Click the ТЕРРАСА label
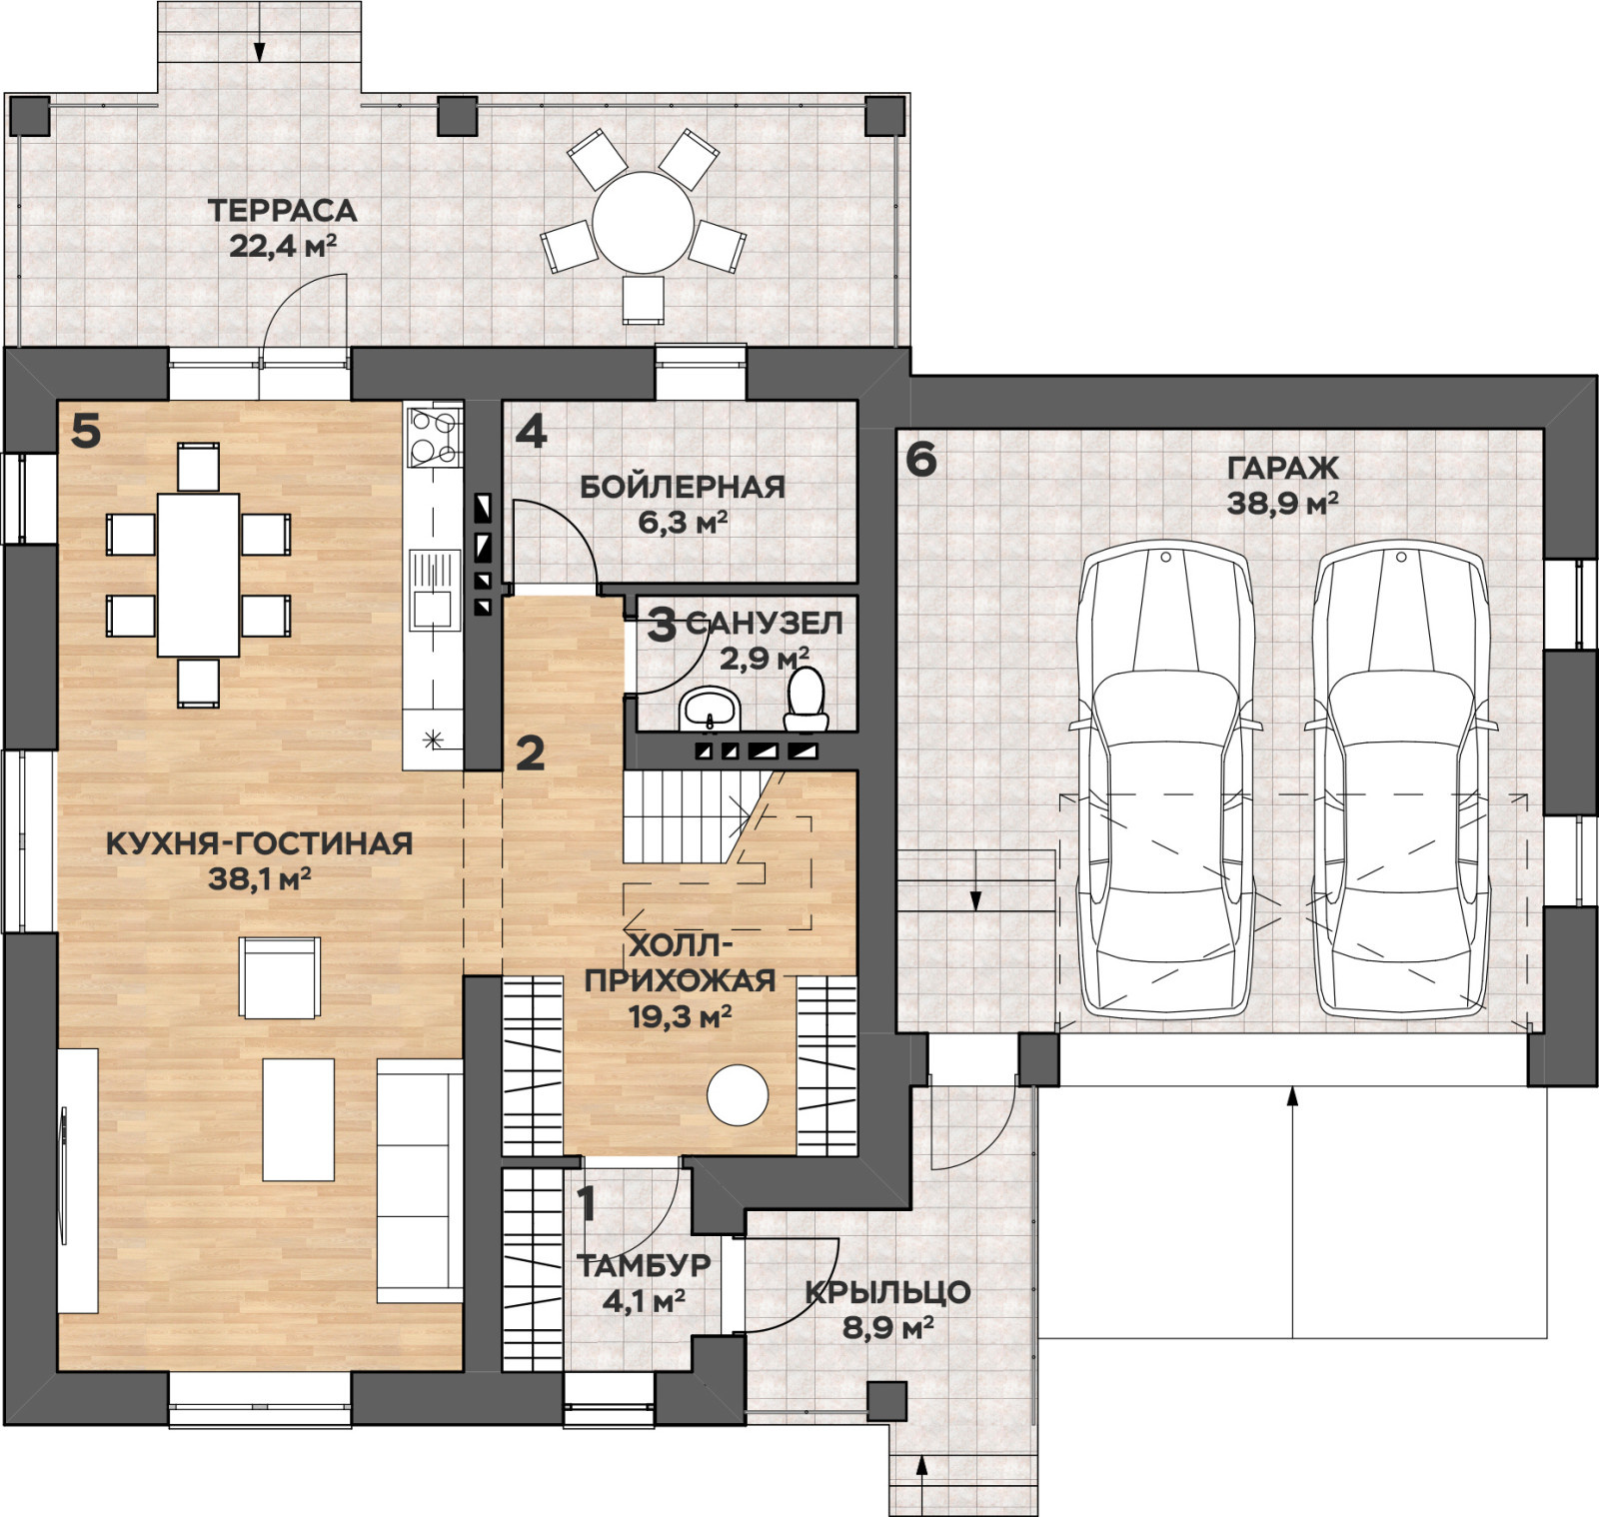[282, 211]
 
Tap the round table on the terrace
[643, 222]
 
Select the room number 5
[86, 432]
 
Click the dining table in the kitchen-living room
[198, 575]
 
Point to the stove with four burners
[434, 437]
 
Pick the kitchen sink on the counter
[433, 591]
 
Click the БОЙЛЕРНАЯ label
[683, 487]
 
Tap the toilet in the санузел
[805, 699]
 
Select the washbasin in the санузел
[710, 709]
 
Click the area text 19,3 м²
[680, 1017]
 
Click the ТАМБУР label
[645, 1265]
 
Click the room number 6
[920, 459]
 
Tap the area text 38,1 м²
[260, 879]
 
